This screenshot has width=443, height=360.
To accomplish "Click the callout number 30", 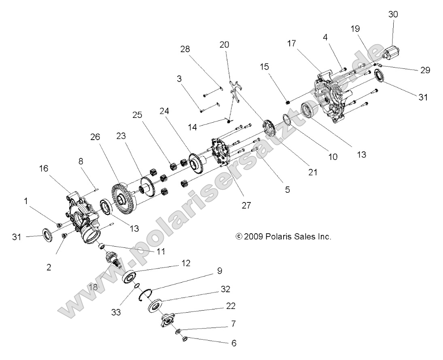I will click(393, 14).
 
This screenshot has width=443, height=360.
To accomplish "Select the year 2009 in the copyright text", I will click(254, 236).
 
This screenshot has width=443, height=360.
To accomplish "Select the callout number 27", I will click(246, 205).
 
